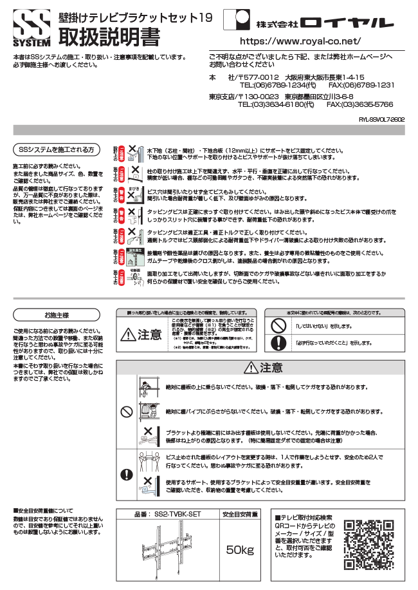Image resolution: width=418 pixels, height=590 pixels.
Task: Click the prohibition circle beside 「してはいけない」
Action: [x=277, y=327]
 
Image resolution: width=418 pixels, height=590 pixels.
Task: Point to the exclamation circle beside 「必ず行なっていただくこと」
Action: [x=277, y=343]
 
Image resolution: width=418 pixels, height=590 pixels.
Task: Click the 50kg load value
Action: [x=241, y=551]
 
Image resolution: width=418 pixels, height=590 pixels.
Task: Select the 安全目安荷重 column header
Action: [x=241, y=515]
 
